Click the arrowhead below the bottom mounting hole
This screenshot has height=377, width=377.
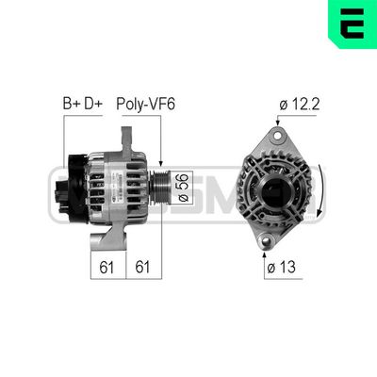[266, 254]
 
